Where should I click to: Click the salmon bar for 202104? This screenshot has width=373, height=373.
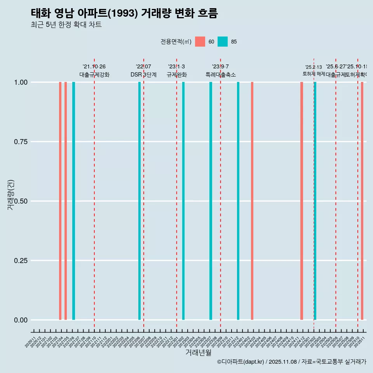pyautogui.click(x=60, y=201)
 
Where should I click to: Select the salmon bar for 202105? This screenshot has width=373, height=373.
pyautogui.click(x=66, y=201)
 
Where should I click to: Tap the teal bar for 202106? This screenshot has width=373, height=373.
pyautogui.click(x=73, y=201)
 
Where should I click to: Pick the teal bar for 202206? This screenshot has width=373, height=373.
pyautogui.click(x=139, y=201)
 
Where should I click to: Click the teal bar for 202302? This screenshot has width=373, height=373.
pyautogui.click(x=183, y=201)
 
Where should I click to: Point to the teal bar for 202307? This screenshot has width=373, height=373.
pyautogui.click(x=211, y=201)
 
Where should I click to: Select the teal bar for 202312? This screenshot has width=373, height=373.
pyautogui.click(x=238, y=201)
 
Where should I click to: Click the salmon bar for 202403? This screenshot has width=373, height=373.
pyautogui.click(x=252, y=201)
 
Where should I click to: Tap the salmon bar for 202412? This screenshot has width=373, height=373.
pyautogui.click(x=302, y=201)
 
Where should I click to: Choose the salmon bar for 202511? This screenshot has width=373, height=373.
pyautogui.click(x=362, y=201)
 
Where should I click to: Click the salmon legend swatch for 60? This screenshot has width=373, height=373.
pyautogui.click(x=200, y=42)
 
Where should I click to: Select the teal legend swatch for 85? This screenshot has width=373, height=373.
pyautogui.click(x=223, y=42)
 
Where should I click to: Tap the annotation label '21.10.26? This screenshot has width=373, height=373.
pyautogui.click(x=94, y=67)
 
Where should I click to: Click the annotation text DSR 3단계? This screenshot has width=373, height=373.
pyautogui.click(x=143, y=75)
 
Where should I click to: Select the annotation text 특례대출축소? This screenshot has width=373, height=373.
pyautogui.click(x=221, y=75)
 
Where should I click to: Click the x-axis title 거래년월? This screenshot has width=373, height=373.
pyautogui.click(x=198, y=352)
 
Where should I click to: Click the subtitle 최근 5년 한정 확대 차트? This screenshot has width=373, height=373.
pyautogui.click(x=66, y=25)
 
